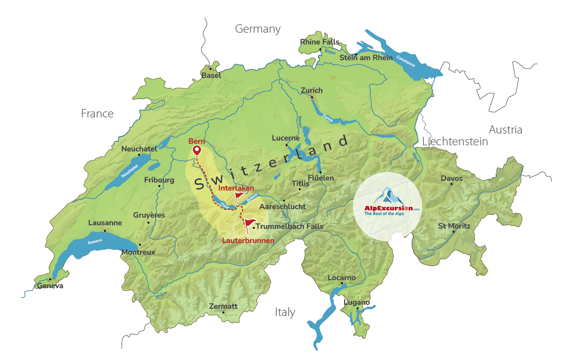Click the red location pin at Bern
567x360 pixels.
tap(197, 150)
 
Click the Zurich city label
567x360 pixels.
tap(312, 90)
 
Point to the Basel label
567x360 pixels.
tap(211, 75)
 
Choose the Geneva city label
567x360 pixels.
tap(50, 286)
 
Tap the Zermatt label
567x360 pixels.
tap(223, 306)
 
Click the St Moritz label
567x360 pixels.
tap(454, 226)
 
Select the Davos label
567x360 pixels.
tap(452, 178)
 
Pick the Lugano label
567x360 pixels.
tap(356, 302)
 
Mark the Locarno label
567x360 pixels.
tap(342, 278)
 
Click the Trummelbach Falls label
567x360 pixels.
tap(290, 226)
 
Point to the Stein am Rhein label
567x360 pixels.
tap(366, 58)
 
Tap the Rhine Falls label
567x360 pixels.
tap(320, 42)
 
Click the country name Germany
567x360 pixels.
tap(258, 29)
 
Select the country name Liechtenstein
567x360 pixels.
tap(455, 142)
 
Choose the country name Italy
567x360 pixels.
tap(285, 312)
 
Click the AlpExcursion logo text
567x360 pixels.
tap(388, 208)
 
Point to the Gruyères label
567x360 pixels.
tap(149, 215)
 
